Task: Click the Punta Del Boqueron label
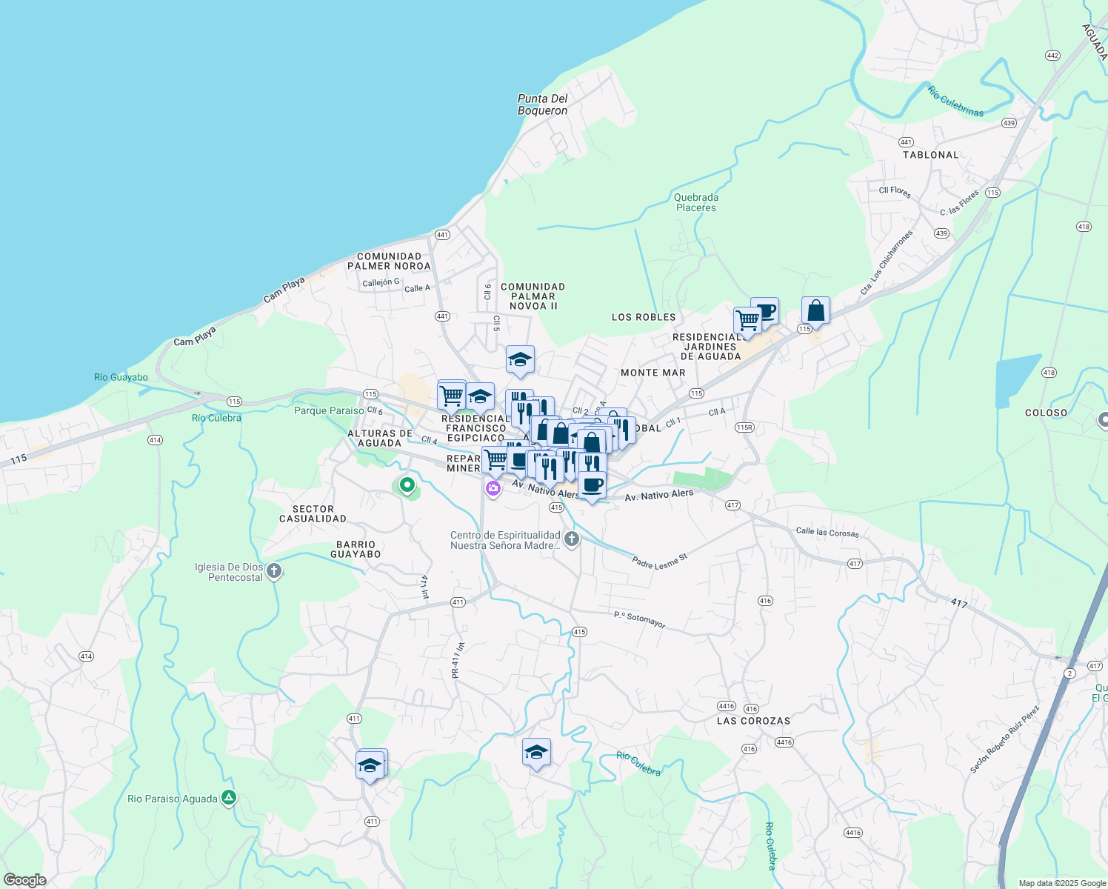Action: point(542,104)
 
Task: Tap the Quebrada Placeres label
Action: point(695,202)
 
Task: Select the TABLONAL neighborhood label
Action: point(930,155)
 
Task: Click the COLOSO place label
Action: point(1046,413)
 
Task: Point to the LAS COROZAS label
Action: point(753,721)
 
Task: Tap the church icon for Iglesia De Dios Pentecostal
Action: point(274,571)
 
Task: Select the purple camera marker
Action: point(493,489)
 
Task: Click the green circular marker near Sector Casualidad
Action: point(407,486)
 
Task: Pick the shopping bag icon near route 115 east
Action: point(815,310)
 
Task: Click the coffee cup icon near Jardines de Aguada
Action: point(765,310)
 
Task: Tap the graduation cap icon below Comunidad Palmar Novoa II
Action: point(520,360)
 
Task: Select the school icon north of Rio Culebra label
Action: point(536,752)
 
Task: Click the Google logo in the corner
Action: point(24,880)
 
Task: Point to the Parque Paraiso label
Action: point(329,410)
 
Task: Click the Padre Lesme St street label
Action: point(659,561)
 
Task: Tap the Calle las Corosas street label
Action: point(827,532)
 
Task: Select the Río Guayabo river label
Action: point(121,377)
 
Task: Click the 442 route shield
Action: point(1052,56)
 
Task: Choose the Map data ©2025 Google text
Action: point(1061,883)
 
